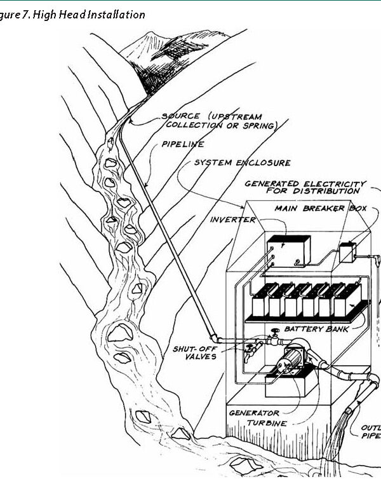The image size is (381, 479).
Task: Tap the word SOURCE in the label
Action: (180, 116)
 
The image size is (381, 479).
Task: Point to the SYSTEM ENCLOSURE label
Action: (243, 163)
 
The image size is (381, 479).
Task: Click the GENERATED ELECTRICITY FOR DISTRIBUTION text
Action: (305, 187)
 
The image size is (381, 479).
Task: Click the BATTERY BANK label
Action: (313, 329)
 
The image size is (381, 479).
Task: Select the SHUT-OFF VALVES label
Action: (194, 352)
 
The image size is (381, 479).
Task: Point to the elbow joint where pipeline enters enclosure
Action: (214, 338)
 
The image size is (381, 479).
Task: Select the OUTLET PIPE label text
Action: (370, 432)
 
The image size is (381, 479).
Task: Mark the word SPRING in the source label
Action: (261, 126)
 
